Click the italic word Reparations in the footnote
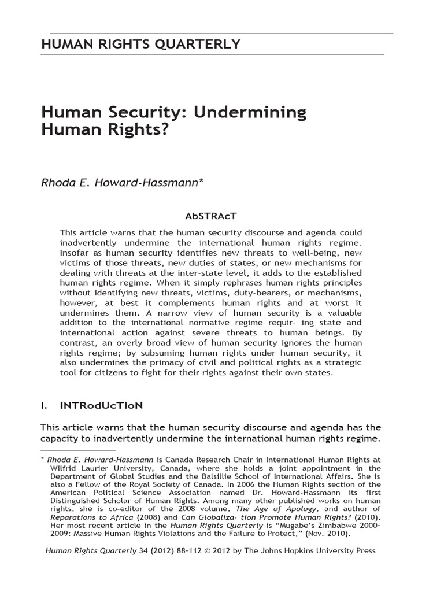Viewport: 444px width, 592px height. point(76,517)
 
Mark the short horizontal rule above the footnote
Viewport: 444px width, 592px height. point(79,449)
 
